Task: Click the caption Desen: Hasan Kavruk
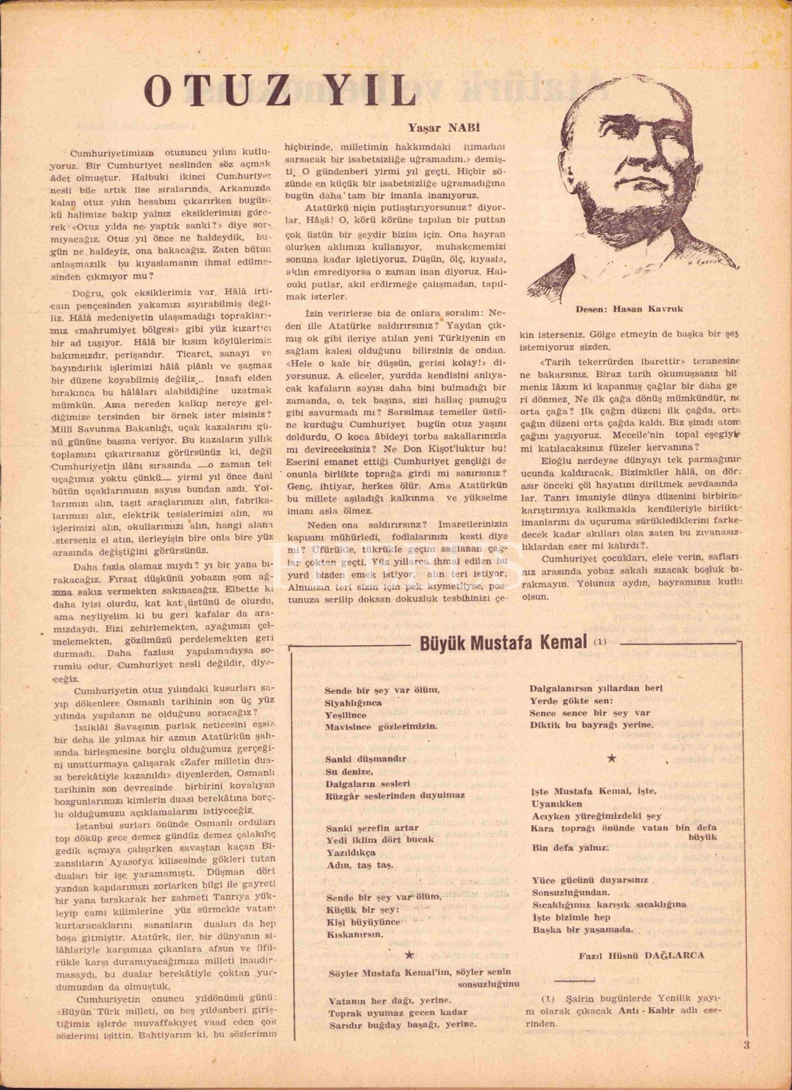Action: coord(629,309)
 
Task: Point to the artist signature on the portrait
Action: coord(702,264)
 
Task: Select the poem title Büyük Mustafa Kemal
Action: coord(503,643)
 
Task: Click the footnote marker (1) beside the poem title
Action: coord(599,642)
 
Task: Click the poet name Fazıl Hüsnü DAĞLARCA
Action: coord(641,955)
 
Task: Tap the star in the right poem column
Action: coord(612,758)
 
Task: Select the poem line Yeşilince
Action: coord(345,715)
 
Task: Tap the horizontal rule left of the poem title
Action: coord(348,645)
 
